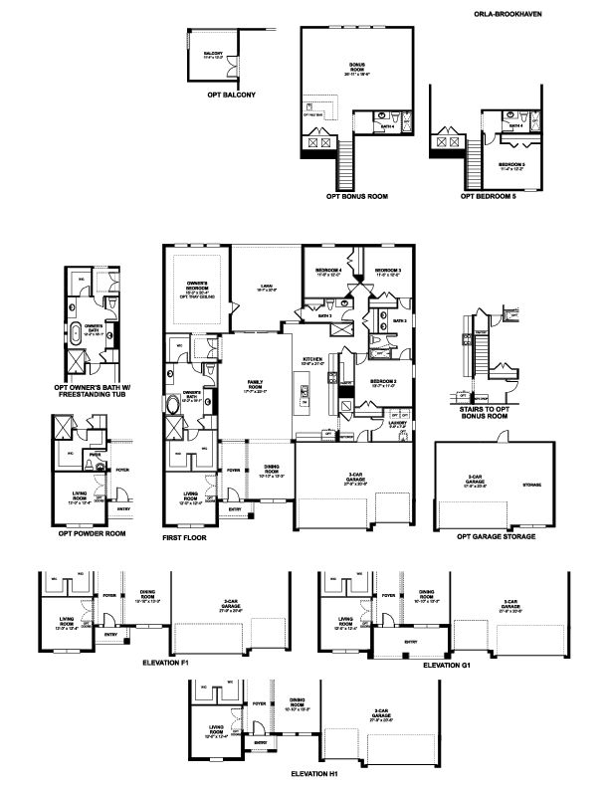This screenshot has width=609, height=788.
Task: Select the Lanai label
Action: tap(266, 285)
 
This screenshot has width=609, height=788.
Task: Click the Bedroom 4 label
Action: tap(328, 273)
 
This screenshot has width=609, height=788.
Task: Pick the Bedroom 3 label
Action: tap(387, 273)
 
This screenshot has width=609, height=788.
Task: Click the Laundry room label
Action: tap(397, 424)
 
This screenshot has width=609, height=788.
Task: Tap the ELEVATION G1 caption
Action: tap(447, 664)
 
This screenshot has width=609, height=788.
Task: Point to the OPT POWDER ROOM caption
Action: tap(93, 533)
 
